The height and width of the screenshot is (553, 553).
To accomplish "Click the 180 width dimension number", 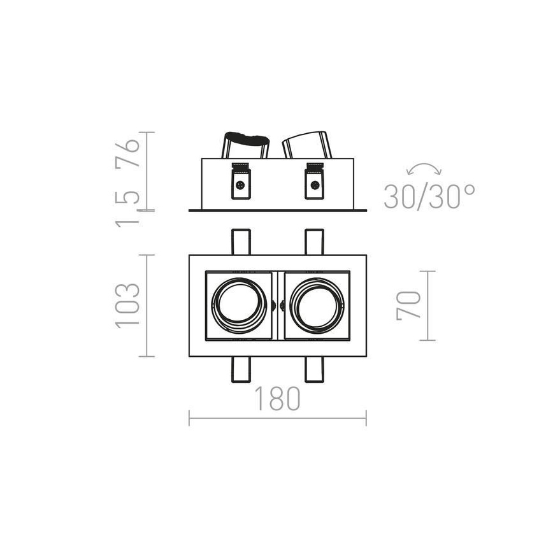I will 277,399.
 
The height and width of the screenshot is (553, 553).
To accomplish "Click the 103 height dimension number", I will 127,305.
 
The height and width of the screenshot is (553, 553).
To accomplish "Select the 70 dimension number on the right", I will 408,305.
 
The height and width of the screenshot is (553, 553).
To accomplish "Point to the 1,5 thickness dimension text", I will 127,203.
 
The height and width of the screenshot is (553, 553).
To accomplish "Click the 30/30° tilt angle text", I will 429,197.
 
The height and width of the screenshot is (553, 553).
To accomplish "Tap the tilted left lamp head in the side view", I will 245,145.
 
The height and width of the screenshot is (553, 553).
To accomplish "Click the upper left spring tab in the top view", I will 241,241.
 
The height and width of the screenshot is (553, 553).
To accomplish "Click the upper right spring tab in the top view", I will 314,241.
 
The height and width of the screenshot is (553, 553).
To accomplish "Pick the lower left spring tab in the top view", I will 241,369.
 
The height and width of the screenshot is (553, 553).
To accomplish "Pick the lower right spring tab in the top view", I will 314,369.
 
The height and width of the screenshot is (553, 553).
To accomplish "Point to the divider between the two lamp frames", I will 277,305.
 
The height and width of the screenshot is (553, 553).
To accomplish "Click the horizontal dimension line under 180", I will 277,419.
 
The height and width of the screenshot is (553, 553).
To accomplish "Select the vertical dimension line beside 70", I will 427,305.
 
